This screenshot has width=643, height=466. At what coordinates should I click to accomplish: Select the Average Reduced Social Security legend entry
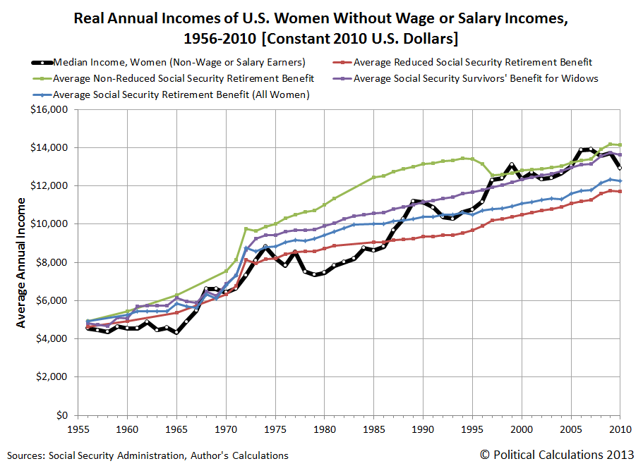coord(472,61)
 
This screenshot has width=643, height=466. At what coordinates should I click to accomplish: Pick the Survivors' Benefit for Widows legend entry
coord(476,78)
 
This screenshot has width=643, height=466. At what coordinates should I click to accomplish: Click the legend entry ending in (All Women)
coord(181,94)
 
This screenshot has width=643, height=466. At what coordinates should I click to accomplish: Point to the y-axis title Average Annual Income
coord(21,262)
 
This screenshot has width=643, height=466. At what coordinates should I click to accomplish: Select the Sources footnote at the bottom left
coord(148,455)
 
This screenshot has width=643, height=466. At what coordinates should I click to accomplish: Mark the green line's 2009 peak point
coord(611,144)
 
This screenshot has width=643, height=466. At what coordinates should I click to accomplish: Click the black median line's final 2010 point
coord(620,168)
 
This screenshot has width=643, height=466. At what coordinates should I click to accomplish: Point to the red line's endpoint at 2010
coord(620,191)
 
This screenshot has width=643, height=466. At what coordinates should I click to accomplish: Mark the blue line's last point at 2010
coord(620,181)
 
